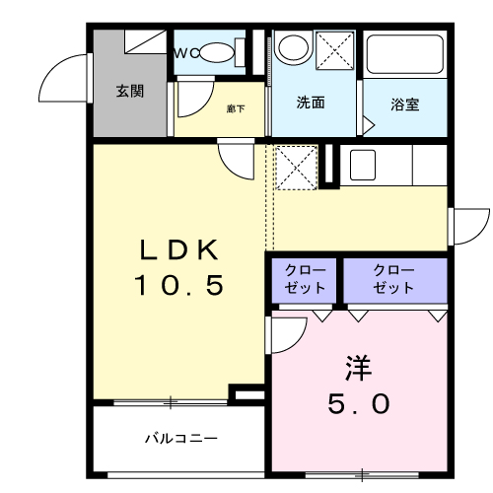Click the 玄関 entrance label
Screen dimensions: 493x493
(x=130, y=92)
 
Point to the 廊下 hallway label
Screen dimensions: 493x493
(x=236, y=108)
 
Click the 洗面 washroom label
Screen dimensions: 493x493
(x=311, y=103)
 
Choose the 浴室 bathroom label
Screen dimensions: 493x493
(x=403, y=103)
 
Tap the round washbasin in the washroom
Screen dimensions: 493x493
(x=293, y=47)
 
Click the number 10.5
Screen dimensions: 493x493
(x=179, y=286)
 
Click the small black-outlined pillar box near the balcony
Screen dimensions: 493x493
(x=247, y=394)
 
